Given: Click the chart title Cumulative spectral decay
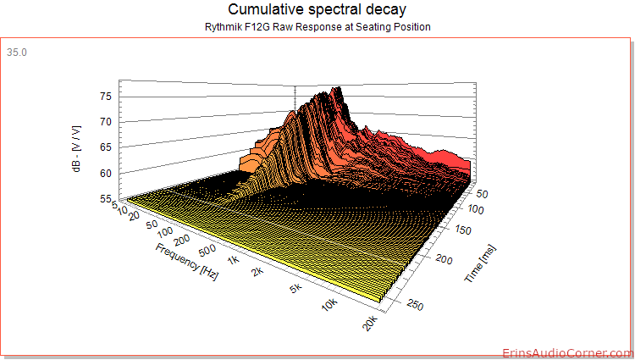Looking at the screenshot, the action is tap(317, 9).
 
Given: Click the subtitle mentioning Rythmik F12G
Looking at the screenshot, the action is tap(317, 27).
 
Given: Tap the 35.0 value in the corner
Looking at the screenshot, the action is tap(17, 53).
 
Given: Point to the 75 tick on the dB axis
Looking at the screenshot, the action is tap(106, 97).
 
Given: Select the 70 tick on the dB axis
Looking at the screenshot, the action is tap(106, 122).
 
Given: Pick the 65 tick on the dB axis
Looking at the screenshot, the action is tap(106, 147).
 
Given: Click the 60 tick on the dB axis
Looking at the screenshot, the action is tap(106, 174).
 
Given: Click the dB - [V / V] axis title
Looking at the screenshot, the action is tap(76, 148).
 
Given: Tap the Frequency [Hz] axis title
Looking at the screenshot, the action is tap(187, 262).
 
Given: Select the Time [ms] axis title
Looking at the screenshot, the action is tap(480, 264).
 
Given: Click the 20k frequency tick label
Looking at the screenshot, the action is tap(370, 323).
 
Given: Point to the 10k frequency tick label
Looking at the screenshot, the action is tap(330, 304).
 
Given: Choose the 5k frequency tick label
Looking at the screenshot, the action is tap(296, 288).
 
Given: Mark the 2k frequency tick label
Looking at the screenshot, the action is tap(257, 271).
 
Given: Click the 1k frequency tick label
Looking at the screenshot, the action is tap(234, 259).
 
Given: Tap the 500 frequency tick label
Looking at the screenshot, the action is tap(207, 250).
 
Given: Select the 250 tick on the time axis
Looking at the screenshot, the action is tap(415, 305).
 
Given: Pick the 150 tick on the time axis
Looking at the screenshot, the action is tap(463, 230).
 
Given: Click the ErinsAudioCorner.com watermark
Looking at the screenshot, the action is tap(568, 353).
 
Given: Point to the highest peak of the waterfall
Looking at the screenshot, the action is tap(338, 88).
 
